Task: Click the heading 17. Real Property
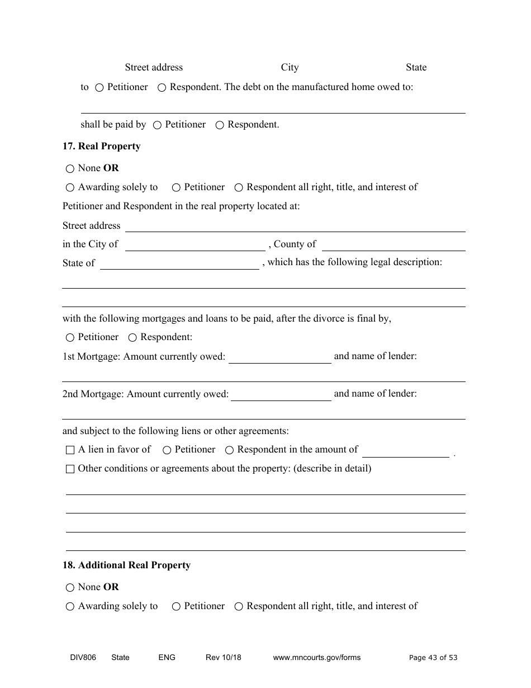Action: tap(101, 147)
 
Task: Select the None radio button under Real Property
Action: tap(70, 168)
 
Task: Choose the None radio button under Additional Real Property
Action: tap(70, 587)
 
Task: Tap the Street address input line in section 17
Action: tap(295, 227)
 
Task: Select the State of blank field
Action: tap(179, 264)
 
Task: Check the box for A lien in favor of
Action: tap(70, 450)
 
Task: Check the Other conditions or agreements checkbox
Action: tap(70, 469)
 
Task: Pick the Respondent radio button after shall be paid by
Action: tap(220, 125)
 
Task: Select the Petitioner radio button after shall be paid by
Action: tap(157, 125)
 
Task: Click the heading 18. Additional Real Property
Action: tap(126, 566)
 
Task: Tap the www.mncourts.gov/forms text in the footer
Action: tap(316, 657)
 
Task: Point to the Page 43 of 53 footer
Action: tap(433, 657)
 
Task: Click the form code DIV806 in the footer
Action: tap(79, 657)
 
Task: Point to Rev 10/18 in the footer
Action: tap(223, 657)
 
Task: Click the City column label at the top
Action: tap(290, 68)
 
